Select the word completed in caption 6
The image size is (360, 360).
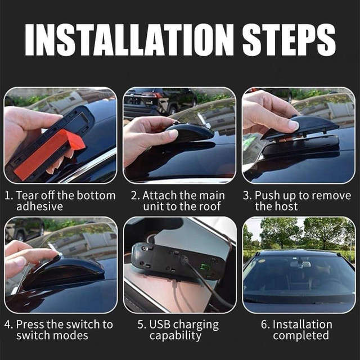(301, 336)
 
